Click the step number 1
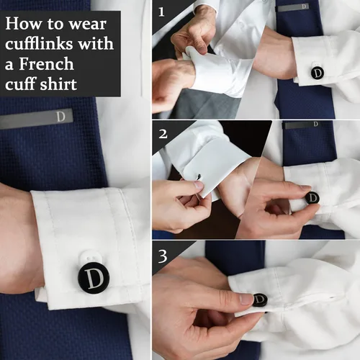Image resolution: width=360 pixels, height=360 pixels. (x=162, y=12)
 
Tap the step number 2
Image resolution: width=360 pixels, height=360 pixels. (x=163, y=133)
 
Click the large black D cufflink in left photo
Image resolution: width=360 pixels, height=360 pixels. (x=94, y=277)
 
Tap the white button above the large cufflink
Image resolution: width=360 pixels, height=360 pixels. (x=91, y=256)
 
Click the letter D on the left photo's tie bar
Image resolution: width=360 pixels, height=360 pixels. (x=60, y=116)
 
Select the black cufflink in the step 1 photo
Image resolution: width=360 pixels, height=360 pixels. (x=317, y=73)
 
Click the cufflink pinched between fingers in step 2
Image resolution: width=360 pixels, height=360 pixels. (x=312, y=197)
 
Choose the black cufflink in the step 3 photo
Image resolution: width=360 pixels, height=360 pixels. (x=260, y=300)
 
